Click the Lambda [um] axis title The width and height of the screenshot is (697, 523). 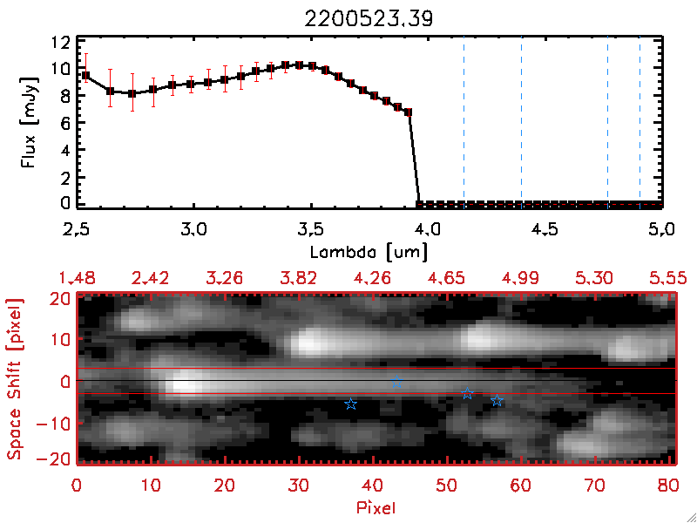pyautogui.click(x=369, y=251)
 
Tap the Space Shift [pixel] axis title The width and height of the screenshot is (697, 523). pyautogui.click(x=15, y=379)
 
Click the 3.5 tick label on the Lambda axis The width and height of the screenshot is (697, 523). pyautogui.click(x=310, y=231)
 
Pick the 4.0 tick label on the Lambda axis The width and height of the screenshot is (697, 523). pyautogui.click(x=428, y=231)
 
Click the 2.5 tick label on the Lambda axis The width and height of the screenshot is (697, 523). pyautogui.click(x=78, y=231)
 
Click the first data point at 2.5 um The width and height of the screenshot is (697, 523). pyautogui.click(x=85, y=75)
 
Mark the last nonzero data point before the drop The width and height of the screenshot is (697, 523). pyautogui.click(x=408, y=112)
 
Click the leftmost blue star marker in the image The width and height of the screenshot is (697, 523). pyautogui.click(x=351, y=404)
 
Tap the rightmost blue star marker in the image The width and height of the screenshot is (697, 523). pyautogui.click(x=497, y=400)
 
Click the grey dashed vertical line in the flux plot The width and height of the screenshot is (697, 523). pyautogui.click(x=607, y=122)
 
